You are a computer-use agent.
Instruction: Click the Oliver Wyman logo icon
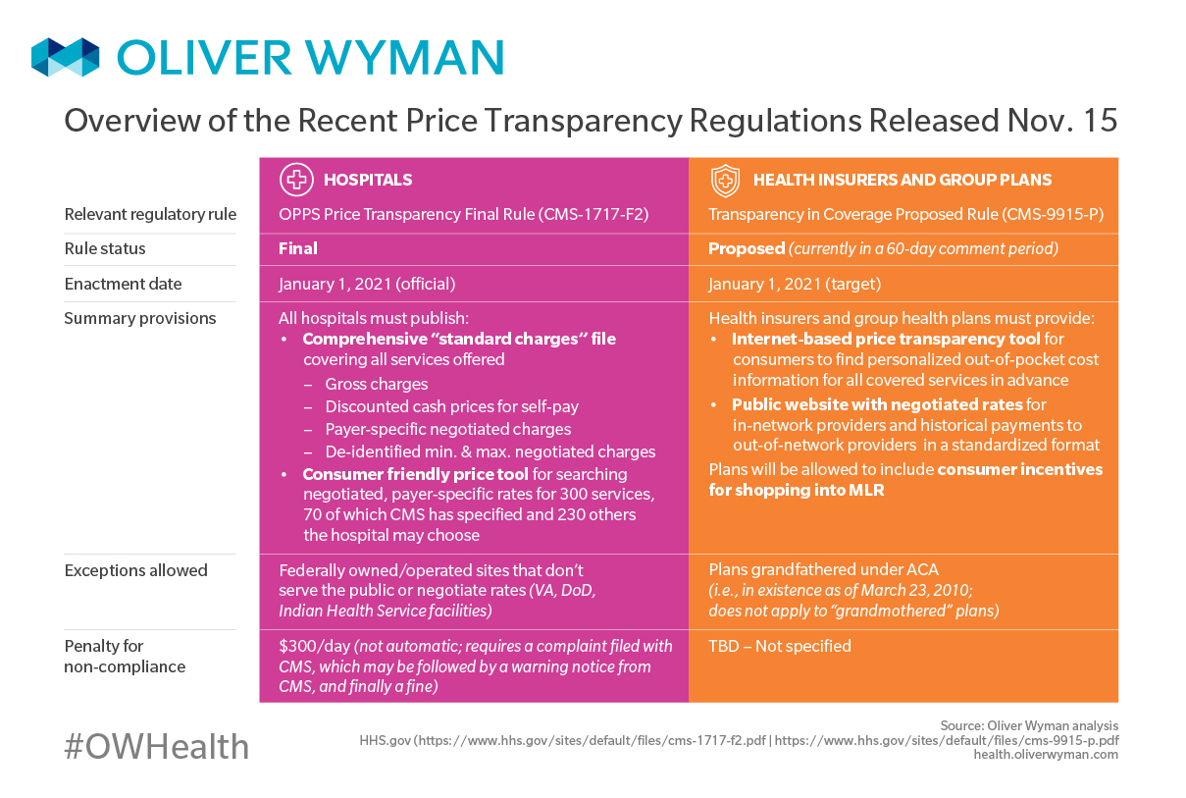(x=65, y=57)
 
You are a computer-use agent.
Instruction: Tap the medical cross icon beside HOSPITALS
(x=295, y=180)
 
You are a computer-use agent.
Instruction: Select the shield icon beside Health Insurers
(x=725, y=181)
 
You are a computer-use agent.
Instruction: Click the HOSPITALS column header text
(x=368, y=181)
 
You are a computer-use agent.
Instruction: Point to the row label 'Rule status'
(x=105, y=249)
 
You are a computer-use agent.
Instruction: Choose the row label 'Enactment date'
(x=123, y=285)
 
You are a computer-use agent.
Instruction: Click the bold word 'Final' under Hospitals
(x=298, y=249)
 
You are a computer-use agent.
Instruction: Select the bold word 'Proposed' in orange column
(x=747, y=249)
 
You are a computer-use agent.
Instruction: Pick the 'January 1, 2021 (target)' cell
(x=795, y=285)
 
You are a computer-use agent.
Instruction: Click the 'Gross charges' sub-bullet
(x=377, y=384)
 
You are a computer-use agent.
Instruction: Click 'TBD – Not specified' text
(x=780, y=646)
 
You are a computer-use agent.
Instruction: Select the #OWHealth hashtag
(x=157, y=747)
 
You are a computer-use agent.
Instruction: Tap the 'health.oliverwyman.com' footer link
(x=1046, y=755)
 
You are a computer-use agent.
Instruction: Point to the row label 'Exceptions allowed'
(x=135, y=570)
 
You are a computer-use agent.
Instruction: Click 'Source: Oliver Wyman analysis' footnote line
(x=1028, y=725)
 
